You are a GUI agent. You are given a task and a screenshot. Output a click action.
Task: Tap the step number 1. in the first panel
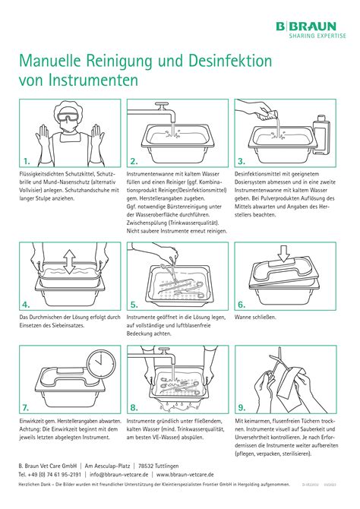[x=27, y=161]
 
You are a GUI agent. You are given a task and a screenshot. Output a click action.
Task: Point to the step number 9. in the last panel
[x=242, y=406]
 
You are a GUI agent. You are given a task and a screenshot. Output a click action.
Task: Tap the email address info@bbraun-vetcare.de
[x=122, y=473]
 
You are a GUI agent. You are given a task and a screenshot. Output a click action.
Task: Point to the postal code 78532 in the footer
[x=150, y=464]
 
